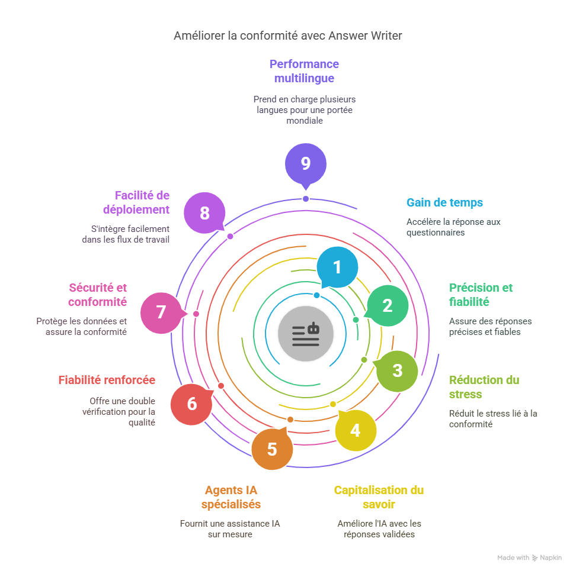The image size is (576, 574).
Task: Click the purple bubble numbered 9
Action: (305, 163)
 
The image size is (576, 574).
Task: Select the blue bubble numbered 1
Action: (337, 267)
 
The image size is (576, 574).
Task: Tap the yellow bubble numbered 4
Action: (355, 430)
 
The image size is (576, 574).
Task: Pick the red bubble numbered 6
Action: (191, 404)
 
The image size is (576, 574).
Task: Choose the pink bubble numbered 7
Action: (161, 312)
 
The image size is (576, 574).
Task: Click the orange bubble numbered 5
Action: (272, 449)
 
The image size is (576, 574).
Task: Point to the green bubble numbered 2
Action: (387, 305)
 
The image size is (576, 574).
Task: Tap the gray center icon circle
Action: (306, 334)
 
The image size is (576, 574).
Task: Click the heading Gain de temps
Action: (444, 202)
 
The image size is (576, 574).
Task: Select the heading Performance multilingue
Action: (304, 71)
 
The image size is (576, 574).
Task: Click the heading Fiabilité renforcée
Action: (107, 380)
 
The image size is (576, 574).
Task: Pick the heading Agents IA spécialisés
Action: (231, 497)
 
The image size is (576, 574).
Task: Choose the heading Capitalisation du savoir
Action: (379, 497)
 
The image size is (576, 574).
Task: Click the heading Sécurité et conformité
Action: (98, 295)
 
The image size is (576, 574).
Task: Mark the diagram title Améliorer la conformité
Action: (288, 36)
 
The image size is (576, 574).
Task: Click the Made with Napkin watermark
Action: (529, 557)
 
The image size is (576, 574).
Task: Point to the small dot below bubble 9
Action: (306, 199)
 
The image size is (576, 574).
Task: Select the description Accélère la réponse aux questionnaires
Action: (453, 227)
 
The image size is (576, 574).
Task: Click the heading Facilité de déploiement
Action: (136, 202)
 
